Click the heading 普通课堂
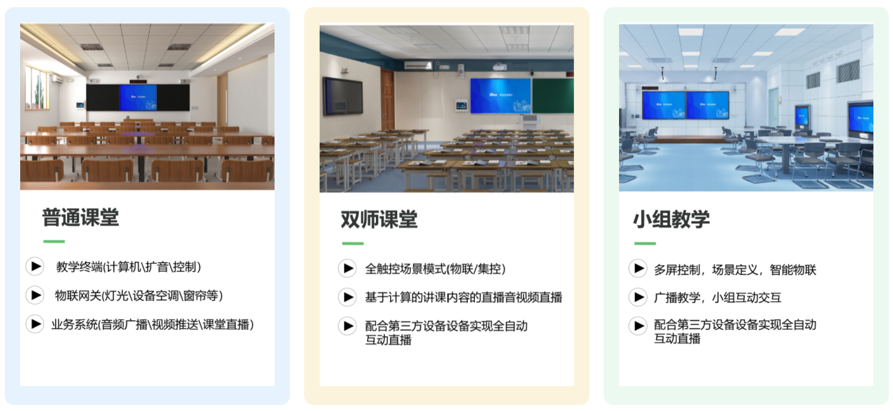pyautogui.click(x=81, y=217)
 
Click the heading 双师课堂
pyautogui.click(x=379, y=219)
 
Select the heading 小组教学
pyautogui.click(x=672, y=219)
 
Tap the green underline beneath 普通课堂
pyautogui.click(x=54, y=242)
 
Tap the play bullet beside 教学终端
pyautogui.click(x=35, y=266)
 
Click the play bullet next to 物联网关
pyautogui.click(x=35, y=295)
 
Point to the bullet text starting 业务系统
pyautogui.click(x=152, y=325)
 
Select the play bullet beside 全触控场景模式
pyautogui.click(x=347, y=268)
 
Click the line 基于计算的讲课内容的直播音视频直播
pyautogui.click(x=464, y=297)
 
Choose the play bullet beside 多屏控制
pyautogui.click(x=638, y=268)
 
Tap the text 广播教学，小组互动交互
pyautogui.click(x=717, y=297)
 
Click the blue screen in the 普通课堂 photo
pyautogui.click(x=138, y=98)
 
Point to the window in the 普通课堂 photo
pyautogui.click(x=37, y=88)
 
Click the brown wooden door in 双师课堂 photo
pyautogui.click(x=387, y=99)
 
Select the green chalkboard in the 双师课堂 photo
pyautogui.click(x=553, y=95)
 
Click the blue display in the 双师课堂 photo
pyautogui.click(x=500, y=95)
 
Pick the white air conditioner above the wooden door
pyautogui.click(x=418, y=65)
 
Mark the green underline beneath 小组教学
pyautogui.click(x=645, y=243)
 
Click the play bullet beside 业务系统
pyautogui.click(x=35, y=324)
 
